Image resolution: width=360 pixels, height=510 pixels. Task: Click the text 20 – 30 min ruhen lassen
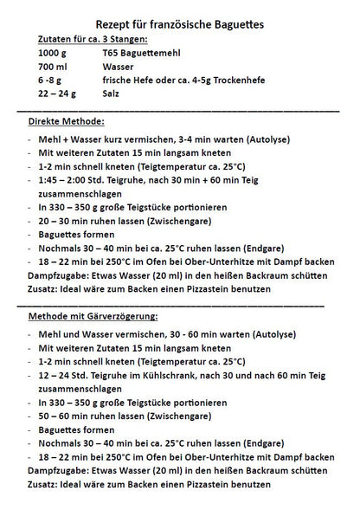(93, 221)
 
